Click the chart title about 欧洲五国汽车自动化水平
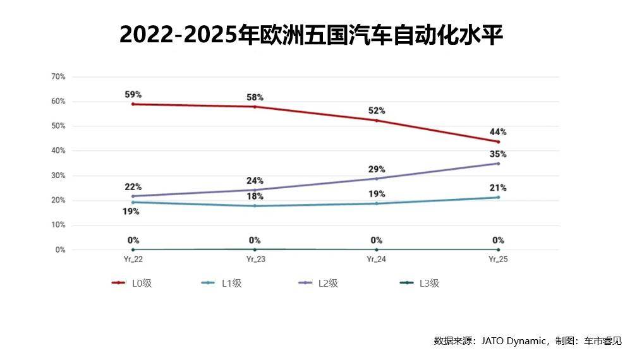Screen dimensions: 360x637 pos(311,35)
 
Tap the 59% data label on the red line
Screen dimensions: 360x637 pos(133,95)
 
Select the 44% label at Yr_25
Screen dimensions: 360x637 pos(498,132)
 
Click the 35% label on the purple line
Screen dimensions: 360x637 pos(498,154)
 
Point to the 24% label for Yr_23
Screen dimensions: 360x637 pos(255,181)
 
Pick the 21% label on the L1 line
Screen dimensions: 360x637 pos(498,188)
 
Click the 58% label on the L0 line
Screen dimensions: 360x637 pos(255,97)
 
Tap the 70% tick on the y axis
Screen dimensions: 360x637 pos(58,77)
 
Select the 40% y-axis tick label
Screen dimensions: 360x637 pos(58,151)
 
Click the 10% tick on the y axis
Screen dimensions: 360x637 pos(58,225)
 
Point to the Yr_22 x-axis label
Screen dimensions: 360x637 pos(133,259)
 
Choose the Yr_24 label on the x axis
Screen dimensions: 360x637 pos(377,259)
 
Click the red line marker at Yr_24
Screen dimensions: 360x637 pos(377,121)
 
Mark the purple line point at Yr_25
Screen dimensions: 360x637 pos(498,164)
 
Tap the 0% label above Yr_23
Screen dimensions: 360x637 pos(255,240)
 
